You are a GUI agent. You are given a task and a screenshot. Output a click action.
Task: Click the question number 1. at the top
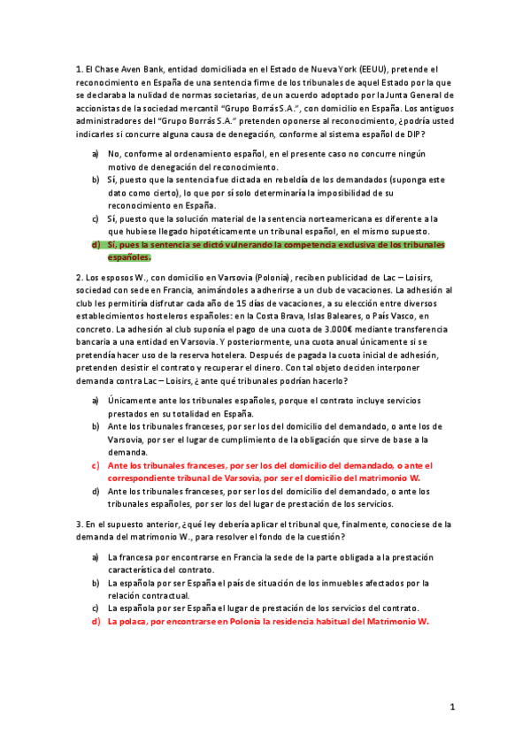pyautogui.click(x=79, y=68)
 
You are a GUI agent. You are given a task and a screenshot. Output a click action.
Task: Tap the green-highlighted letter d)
pyautogui.click(x=96, y=244)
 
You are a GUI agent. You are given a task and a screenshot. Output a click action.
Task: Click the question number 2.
pyautogui.click(x=79, y=277)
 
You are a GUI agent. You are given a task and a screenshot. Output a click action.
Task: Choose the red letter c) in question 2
pyautogui.click(x=96, y=464)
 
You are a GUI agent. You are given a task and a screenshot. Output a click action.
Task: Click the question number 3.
pyautogui.click(x=79, y=524)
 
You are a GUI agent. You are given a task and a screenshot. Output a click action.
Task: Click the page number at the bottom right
pyautogui.click(x=451, y=708)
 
